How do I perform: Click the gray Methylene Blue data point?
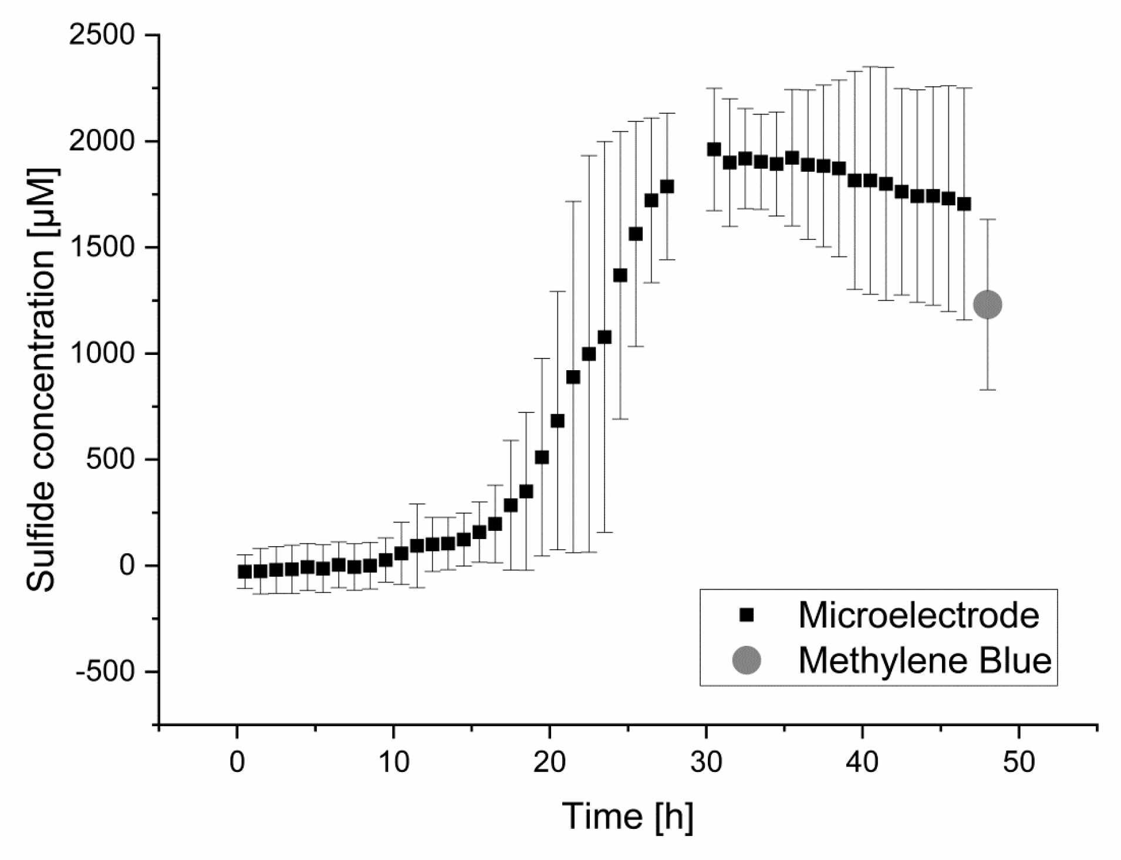[x=987, y=304]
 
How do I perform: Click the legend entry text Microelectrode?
[x=919, y=615]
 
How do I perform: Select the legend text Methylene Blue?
[x=925, y=661]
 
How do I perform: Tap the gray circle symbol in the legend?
[x=747, y=661]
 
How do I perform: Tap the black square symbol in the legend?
[x=747, y=615]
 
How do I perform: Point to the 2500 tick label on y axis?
[x=101, y=35]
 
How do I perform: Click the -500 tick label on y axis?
[x=106, y=671]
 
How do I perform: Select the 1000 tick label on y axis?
[x=101, y=354]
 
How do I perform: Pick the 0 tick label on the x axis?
[x=237, y=762]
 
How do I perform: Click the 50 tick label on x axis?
[x=1019, y=762]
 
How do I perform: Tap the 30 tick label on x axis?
[x=706, y=762]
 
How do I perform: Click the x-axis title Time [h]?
[x=627, y=816]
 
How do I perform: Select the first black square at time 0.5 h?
[x=245, y=571]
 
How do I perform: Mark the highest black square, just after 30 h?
[x=714, y=149]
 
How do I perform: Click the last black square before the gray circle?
[x=964, y=204]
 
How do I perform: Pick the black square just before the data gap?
[x=667, y=187]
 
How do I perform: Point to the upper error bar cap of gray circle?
[x=987, y=219]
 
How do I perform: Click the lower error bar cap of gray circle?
[x=987, y=390]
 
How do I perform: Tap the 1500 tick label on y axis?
[x=101, y=248]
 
